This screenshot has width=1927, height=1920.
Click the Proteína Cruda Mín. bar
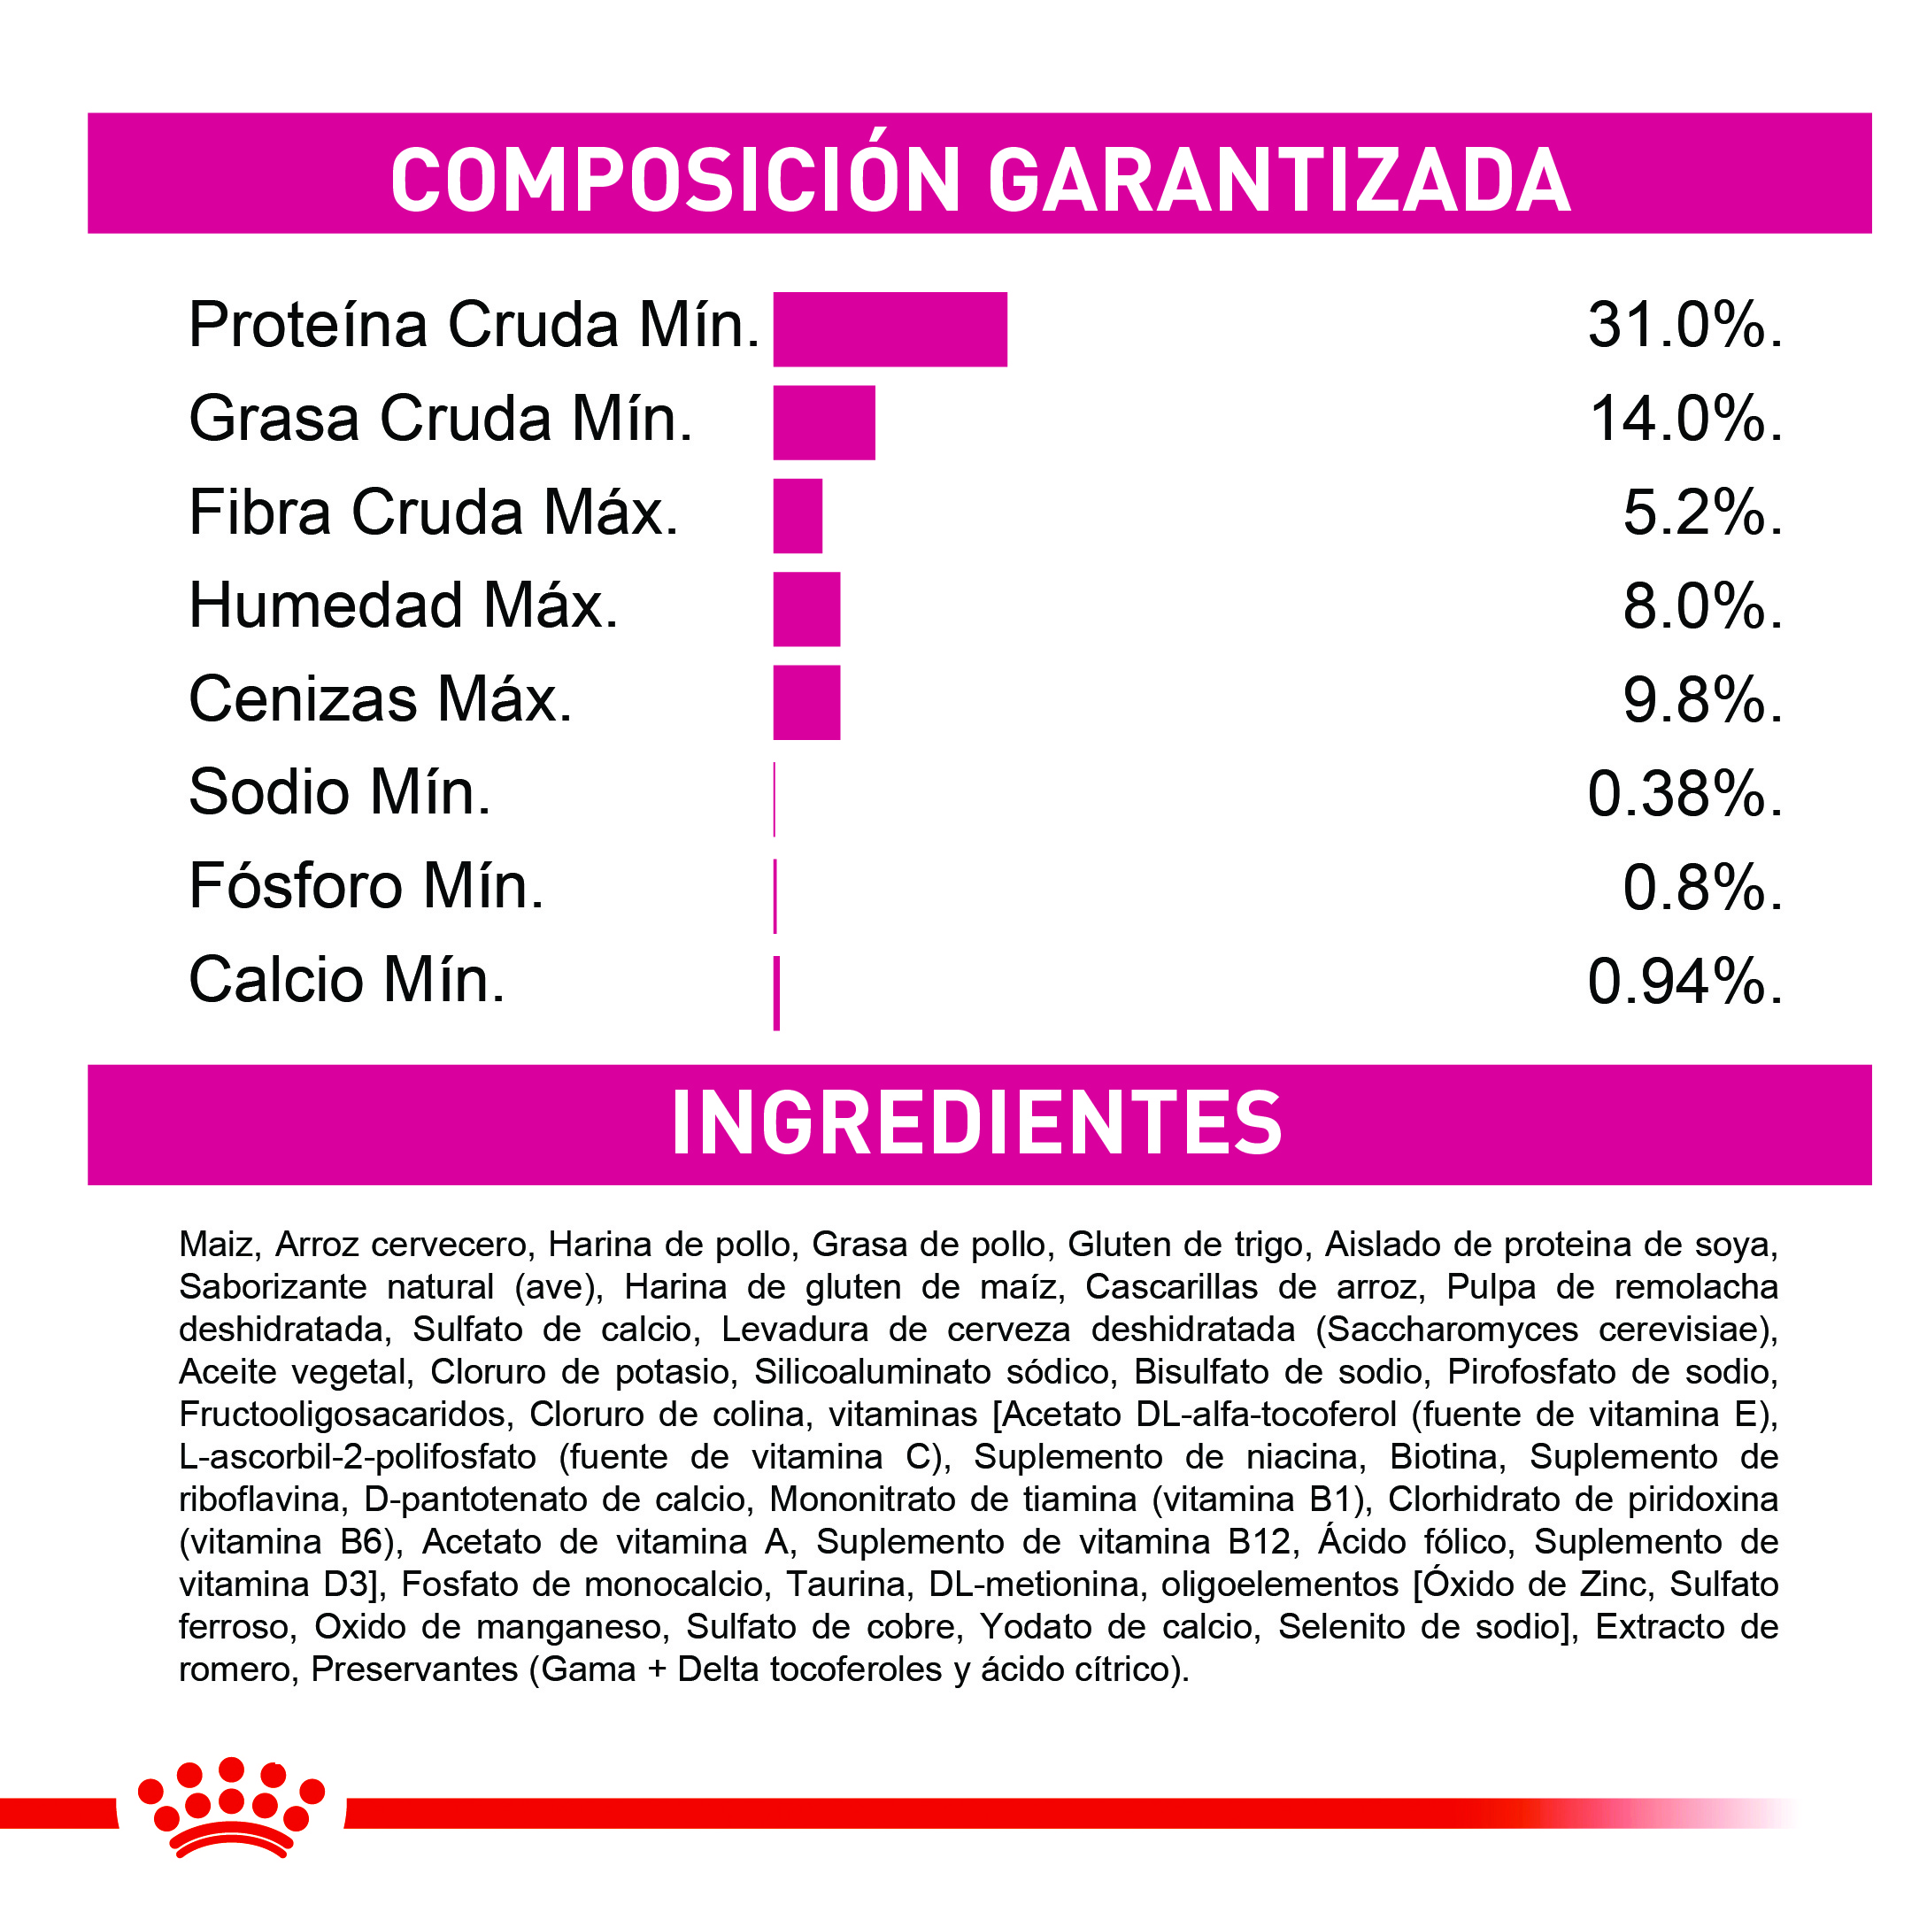point(890,329)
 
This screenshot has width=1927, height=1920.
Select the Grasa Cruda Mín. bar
point(824,423)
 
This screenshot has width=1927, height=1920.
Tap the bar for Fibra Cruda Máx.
point(798,516)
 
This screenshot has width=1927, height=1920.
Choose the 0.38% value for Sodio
point(1684,795)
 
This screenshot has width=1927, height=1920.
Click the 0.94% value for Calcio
point(1684,982)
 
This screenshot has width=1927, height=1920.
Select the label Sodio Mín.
point(339,793)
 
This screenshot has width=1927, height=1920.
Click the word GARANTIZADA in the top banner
point(1279,181)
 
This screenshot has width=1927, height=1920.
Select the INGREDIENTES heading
point(977,1124)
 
